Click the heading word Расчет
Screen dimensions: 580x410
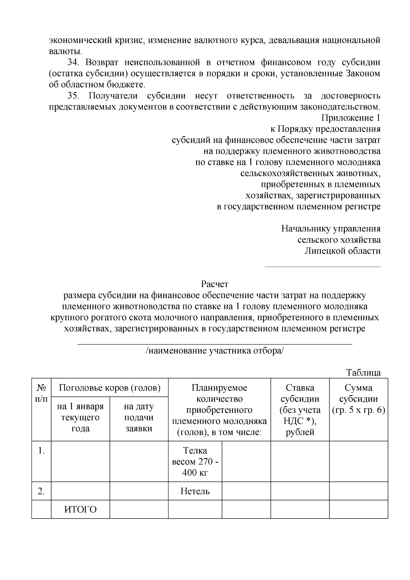click(214, 284)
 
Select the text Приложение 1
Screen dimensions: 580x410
click(351, 118)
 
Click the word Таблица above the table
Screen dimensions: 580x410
click(363, 373)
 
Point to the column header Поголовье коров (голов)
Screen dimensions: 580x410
click(110, 388)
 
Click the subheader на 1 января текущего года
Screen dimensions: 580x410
click(80, 418)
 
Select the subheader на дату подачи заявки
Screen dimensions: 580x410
click(139, 418)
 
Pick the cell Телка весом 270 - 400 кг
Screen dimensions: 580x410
click(195, 461)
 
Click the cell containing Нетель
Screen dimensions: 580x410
click(195, 491)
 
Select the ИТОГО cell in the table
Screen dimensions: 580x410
click(80, 510)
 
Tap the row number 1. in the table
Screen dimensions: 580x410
click(41, 451)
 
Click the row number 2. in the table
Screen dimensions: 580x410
click(41, 491)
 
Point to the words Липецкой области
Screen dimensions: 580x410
click(342, 251)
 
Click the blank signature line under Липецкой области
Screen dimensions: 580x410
click(323, 267)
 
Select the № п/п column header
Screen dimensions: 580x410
click(41, 393)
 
